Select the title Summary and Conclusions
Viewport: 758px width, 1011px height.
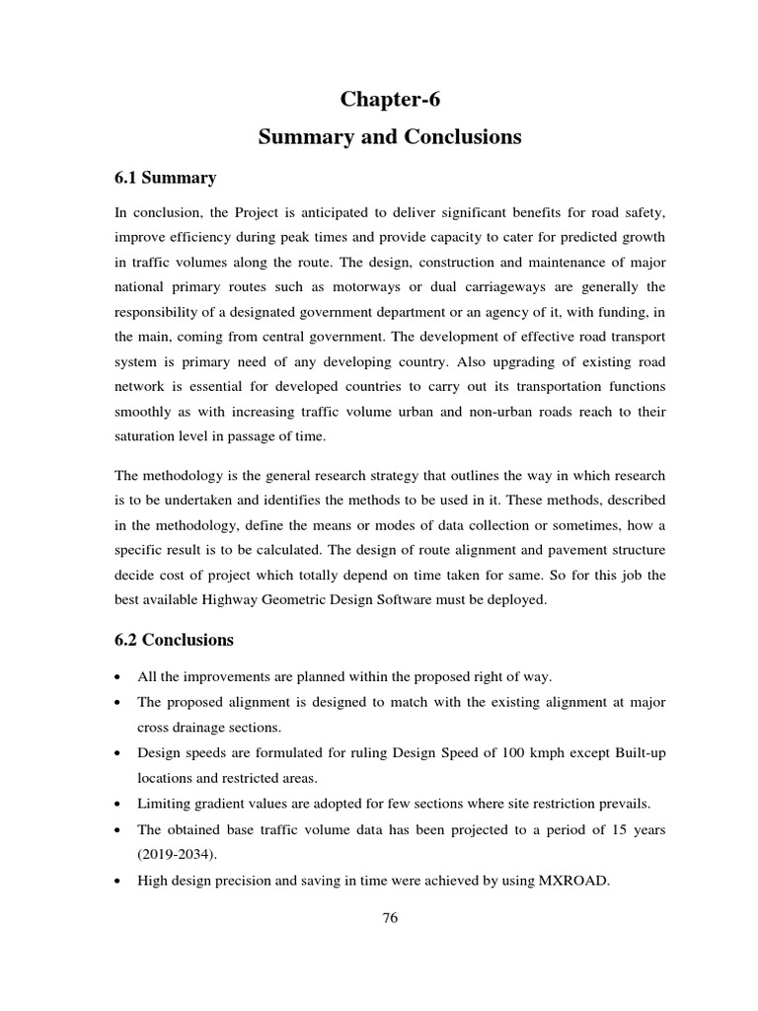coord(390,137)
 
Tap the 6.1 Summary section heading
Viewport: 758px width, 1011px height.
coord(166,178)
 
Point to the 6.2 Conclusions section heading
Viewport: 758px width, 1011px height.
coord(175,640)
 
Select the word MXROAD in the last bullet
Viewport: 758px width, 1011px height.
coord(574,882)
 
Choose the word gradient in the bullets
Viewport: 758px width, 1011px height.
coord(226,805)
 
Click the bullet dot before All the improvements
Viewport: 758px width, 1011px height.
coord(118,677)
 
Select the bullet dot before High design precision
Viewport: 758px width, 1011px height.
coord(118,883)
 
